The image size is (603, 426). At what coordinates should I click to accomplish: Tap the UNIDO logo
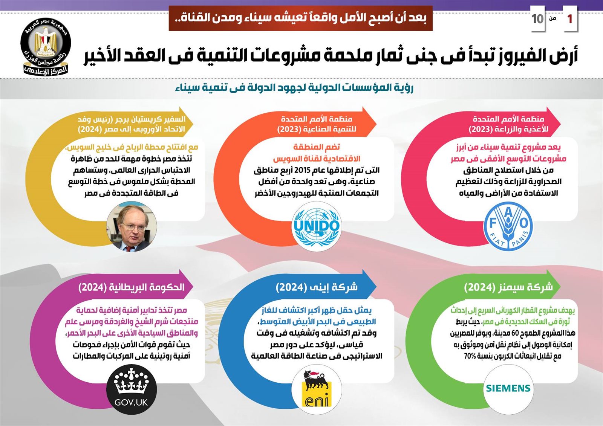click(x=317, y=226)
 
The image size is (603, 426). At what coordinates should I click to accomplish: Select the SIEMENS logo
click(x=508, y=388)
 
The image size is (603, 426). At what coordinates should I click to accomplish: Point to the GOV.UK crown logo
click(x=131, y=389)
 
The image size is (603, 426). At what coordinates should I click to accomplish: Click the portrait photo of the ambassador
click(x=132, y=226)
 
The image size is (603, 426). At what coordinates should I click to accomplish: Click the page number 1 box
click(x=569, y=18)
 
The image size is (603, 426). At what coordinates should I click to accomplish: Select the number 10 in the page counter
click(x=537, y=19)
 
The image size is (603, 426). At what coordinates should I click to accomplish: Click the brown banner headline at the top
click(x=300, y=18)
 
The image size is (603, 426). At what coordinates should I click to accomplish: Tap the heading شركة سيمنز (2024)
click(x=508, y=287)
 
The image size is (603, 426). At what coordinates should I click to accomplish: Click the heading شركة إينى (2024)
click(x=317, y=287)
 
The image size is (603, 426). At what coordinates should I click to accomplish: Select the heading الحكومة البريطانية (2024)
click(x=131, y=287)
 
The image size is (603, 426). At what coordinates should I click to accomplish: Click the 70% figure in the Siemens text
click(x=470, y=356)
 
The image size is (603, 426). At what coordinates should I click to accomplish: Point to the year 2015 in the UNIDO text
click(x=302, y=170)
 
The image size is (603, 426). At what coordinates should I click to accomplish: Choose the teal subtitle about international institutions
click(x=294, y=88)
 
